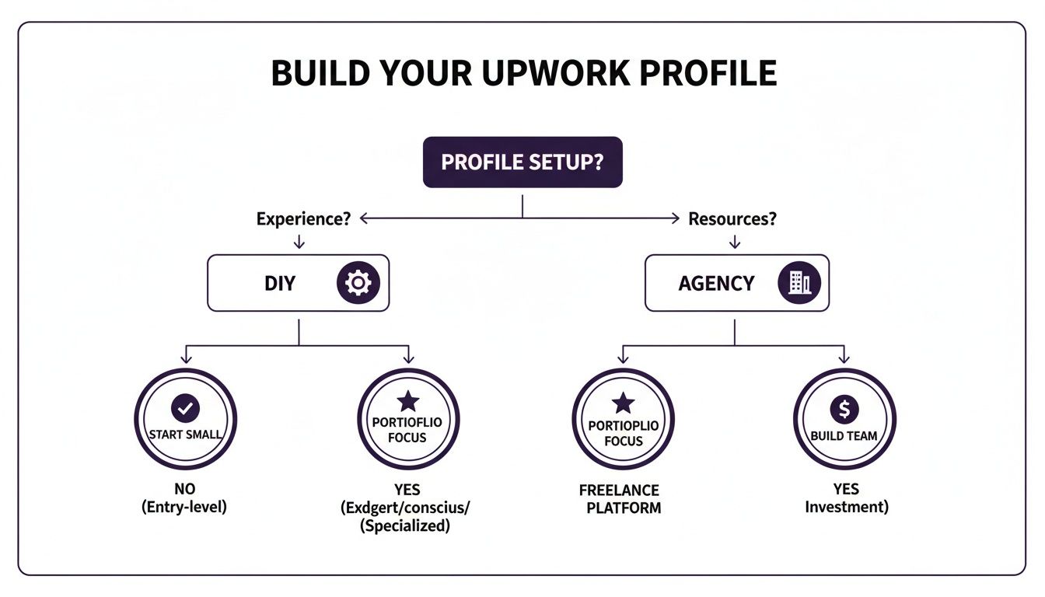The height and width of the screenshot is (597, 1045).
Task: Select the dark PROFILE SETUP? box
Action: pos(522,162)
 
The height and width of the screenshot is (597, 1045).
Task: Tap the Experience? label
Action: pos(303,219)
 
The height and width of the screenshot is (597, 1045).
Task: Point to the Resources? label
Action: pos(732,219)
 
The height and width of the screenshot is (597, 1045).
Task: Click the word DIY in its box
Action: pos(280,283)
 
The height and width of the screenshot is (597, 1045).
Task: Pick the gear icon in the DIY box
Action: pos(358,283)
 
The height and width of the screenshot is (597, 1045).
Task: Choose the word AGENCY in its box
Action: pos(716,283)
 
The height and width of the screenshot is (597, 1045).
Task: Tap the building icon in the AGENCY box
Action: pos(799,283)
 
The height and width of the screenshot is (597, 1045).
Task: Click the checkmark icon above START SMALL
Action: pos(185,407)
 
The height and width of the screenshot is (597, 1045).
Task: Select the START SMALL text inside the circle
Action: pos(185,435)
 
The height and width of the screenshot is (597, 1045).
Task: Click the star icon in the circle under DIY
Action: pos(408,402)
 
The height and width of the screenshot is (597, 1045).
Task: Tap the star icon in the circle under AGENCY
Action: pos(623,403)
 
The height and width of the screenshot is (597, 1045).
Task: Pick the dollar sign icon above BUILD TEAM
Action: pos(844,408)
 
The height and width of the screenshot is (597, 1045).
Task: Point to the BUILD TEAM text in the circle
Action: pos(844,435)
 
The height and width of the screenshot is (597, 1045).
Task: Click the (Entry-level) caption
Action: pos(185,508)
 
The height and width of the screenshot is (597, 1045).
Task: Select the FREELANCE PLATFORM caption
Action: pos(619,499)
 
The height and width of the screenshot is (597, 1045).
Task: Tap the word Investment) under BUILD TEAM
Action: pos(846,508)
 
